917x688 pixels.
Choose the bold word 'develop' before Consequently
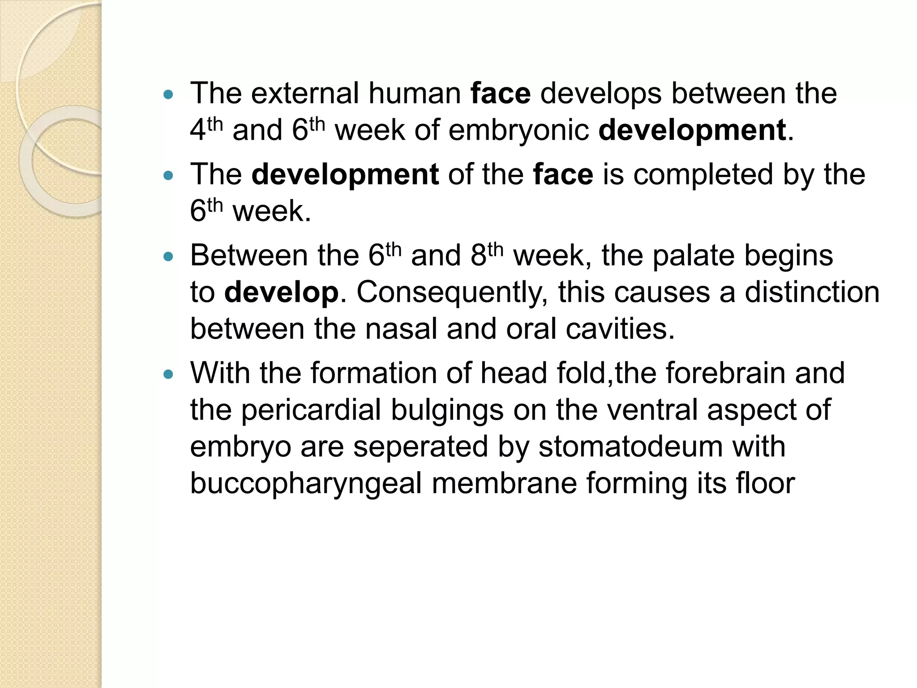pyautogui.click(x=281, y=292)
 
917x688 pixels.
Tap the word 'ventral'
pyautogui.click(x=648, y=410)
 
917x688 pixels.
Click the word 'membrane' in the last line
pyautogui.click(x=504, y=483)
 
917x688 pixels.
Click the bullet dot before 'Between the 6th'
pyautogui.click(x=168, y=257)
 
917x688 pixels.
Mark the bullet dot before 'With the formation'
pyautogui.click(x=168, y=374)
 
